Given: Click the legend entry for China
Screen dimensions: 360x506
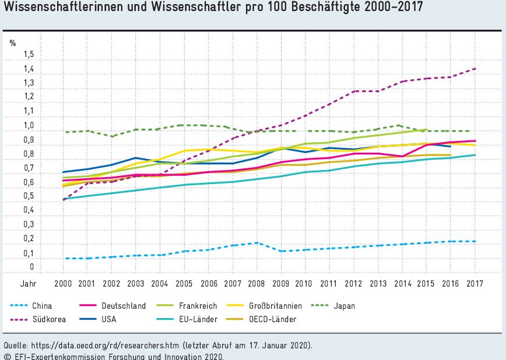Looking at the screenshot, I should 43,305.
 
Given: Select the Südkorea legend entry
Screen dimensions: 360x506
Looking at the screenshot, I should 48,319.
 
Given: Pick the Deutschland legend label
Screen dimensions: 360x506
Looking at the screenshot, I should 124,305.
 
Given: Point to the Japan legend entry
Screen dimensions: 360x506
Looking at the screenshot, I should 345,305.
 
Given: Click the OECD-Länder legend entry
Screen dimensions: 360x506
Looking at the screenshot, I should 273,319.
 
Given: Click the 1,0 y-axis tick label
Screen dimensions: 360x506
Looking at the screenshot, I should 29,126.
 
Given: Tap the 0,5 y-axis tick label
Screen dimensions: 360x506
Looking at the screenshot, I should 29,196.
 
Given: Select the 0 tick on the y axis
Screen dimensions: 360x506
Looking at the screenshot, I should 33,267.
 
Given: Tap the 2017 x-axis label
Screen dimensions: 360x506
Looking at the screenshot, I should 475,283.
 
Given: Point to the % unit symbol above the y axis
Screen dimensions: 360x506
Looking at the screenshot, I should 12,42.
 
